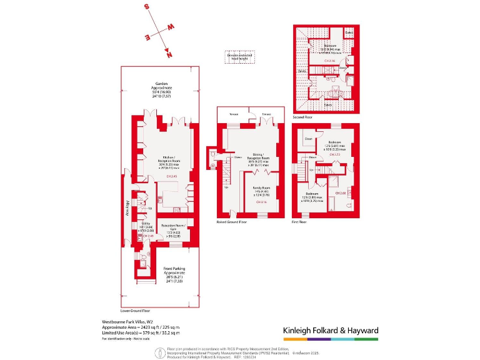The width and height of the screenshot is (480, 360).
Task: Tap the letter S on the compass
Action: tap(147, 7)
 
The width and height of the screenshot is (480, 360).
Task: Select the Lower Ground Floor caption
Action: tap(136, 309)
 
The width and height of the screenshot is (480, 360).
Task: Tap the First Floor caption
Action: tap(299, 222)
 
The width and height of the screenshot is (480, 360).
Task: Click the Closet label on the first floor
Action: tap(308, 138)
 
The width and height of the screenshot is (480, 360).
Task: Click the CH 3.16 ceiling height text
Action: tap(261, 202)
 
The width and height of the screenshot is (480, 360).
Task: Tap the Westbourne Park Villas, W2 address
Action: tap(127, 321)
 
